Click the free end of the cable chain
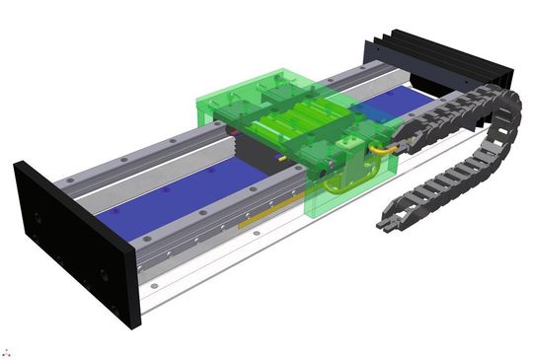[386, 224]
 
